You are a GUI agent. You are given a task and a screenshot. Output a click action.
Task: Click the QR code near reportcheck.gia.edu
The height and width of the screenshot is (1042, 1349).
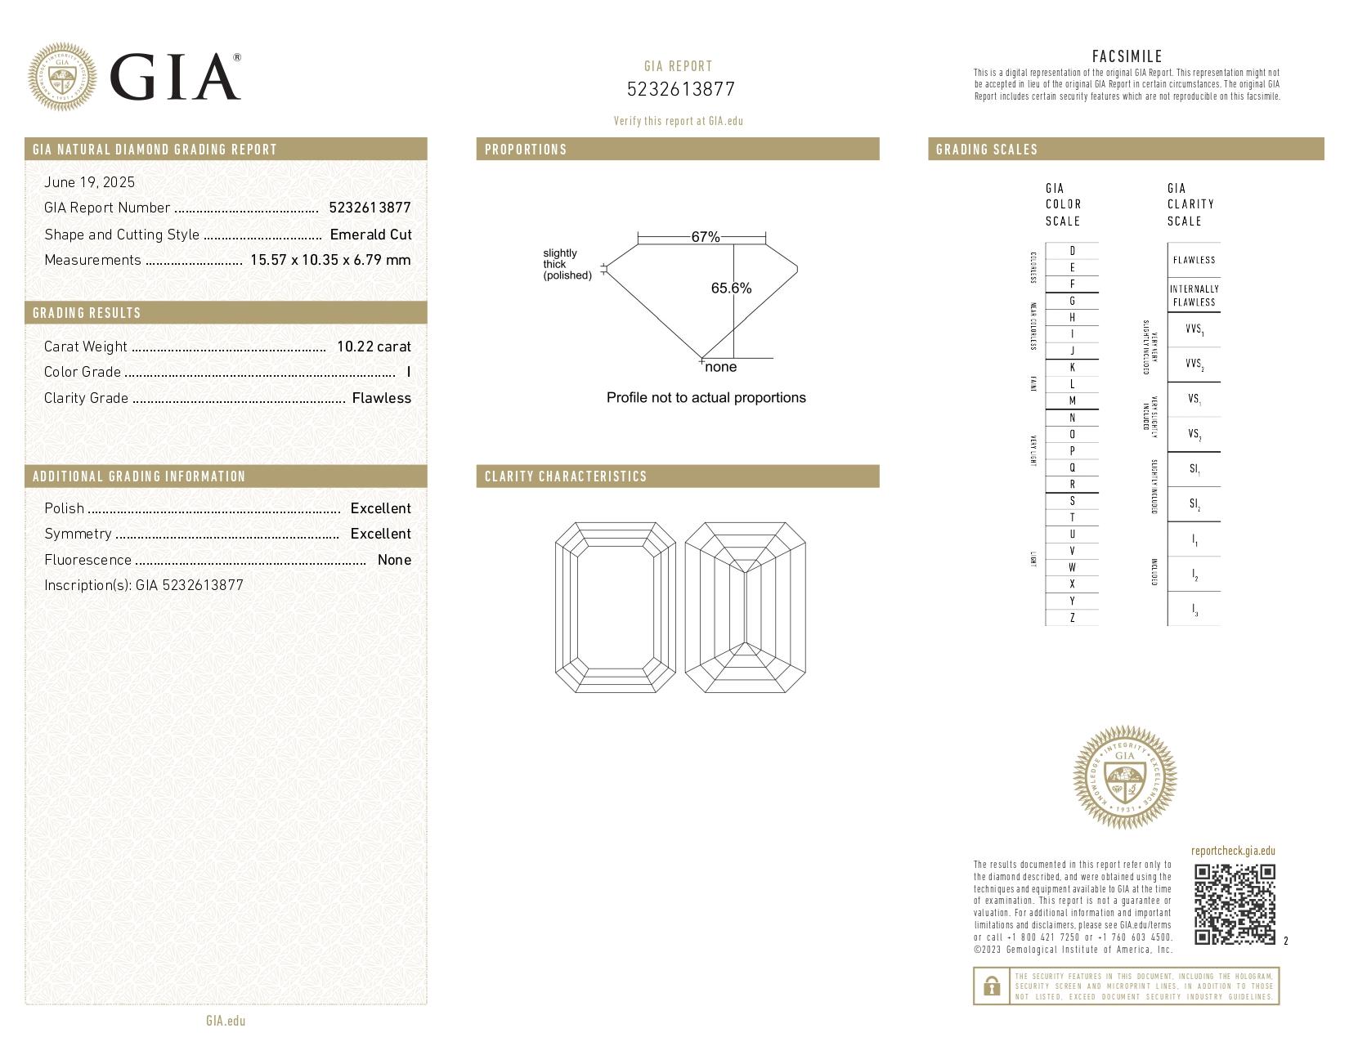pos(1234,904)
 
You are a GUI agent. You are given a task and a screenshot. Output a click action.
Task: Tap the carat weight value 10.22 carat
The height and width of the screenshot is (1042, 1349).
pos(374,347)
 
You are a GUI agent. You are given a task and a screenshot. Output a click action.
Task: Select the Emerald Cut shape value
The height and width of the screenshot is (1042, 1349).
pos(370,235)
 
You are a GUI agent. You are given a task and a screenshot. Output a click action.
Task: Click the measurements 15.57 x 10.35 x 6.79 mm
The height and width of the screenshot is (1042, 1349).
pos(330,260)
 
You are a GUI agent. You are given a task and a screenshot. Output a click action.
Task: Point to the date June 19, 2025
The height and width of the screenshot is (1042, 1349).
pos(89,182)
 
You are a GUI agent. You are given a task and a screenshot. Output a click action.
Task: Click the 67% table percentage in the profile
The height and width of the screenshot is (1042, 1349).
pos(705,237)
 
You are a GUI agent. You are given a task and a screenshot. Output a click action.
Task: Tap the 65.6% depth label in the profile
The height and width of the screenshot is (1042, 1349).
pos(731,288)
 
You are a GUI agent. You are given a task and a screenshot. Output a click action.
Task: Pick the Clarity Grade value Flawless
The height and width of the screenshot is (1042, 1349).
pos(381,398)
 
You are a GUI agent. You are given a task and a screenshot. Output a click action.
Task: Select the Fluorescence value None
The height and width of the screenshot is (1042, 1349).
pos(394,560)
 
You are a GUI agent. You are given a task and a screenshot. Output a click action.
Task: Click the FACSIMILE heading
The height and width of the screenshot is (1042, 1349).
pos(1127,56)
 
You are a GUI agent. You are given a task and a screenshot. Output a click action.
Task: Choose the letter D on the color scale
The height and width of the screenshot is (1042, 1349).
pos(1072,251)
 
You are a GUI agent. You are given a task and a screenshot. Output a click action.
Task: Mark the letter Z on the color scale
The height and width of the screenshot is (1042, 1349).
pos(1072,618)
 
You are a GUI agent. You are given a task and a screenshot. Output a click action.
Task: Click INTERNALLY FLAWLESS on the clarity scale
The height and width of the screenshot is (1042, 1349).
pos(1194,295)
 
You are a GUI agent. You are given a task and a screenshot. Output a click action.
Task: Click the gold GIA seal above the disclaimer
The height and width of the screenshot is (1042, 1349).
pos(1124,777)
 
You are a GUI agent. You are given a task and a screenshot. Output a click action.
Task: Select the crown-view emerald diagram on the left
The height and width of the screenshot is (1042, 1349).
pos(615,607)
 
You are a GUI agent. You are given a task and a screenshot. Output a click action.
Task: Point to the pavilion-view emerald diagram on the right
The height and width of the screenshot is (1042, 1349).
pos(745,607)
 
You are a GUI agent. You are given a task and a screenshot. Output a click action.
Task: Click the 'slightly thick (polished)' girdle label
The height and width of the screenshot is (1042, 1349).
pos(567,264)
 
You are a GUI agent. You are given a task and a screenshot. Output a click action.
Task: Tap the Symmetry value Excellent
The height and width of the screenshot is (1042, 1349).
pos(380,534)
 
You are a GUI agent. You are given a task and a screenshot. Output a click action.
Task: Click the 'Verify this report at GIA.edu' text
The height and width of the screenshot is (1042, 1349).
pos(678,121)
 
